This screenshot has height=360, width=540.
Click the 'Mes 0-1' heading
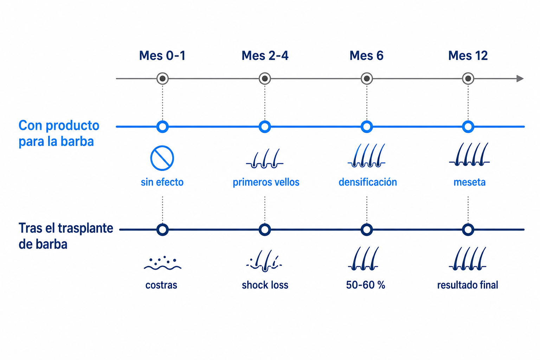(x=162, y=56)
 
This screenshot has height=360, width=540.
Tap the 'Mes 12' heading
(x=468, y=56)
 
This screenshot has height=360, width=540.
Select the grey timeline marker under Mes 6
(x=367, y=79)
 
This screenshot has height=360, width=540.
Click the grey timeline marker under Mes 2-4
(x=265, y=79)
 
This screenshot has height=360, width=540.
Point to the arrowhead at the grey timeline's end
(x=520, y=79)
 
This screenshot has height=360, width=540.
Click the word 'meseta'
(x=469, y=182)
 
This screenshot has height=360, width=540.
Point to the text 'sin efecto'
(x=162, y=182)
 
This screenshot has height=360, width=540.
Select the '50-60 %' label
(x=366, y=285)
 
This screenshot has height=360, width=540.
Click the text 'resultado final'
(x=468, y=285)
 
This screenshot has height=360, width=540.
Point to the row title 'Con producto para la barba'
(x=59, y=133)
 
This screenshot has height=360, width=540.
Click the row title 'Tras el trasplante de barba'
(x=66, y=236)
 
